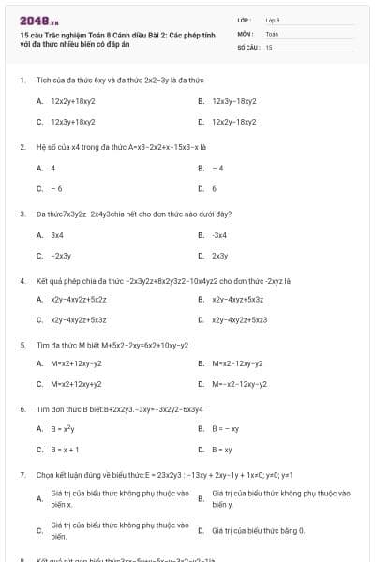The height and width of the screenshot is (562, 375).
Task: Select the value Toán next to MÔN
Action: [x=272, y=33]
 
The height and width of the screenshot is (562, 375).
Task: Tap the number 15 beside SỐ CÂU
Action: [x=269, y=46]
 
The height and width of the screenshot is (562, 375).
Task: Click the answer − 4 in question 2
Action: [x=217, y=168]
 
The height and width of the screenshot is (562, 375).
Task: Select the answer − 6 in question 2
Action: [x=56, y=188]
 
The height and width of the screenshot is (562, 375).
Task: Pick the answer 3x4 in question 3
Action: [x=57, y=234]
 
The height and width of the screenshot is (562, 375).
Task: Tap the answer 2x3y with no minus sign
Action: [x=220, y=255]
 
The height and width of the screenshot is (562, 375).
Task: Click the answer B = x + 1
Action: [x=65, y=450]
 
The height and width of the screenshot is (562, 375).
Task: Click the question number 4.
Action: [x=22, y=280]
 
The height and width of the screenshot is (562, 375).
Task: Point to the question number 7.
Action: [x=22, y=475]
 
